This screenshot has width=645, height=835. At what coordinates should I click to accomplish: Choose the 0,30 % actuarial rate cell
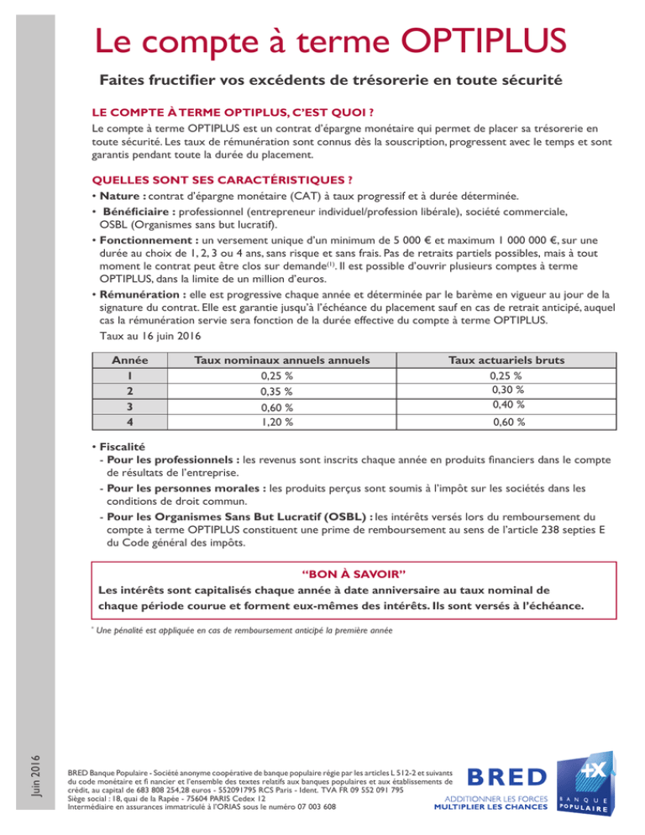click(507, 390)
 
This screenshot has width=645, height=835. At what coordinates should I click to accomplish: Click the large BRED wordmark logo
click(506, 776)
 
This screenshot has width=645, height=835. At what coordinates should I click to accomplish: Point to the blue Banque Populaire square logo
click(586, 785)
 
